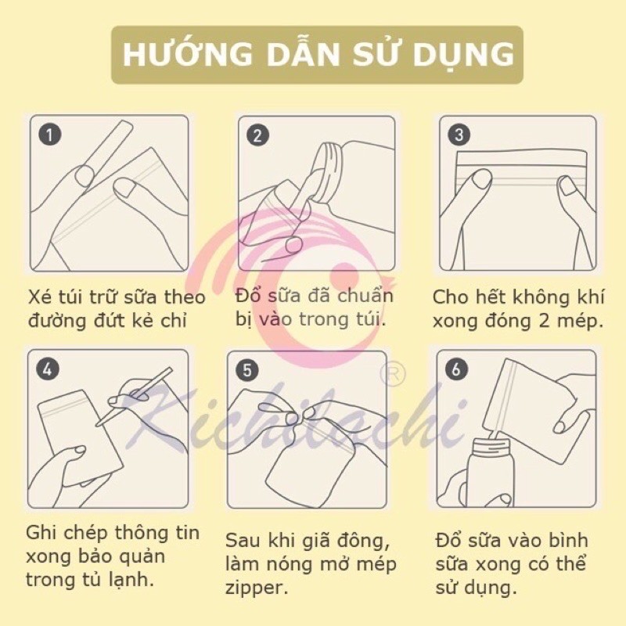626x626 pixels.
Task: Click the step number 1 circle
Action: coord(50,135)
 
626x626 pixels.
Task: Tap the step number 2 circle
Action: coord(257,135)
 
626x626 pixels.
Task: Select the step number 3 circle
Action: coord(459,135)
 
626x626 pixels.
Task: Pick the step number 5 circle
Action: coord(247,370)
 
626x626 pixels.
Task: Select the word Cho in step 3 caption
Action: coord(452,297)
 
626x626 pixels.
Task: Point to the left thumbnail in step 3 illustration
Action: coord(481,178)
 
